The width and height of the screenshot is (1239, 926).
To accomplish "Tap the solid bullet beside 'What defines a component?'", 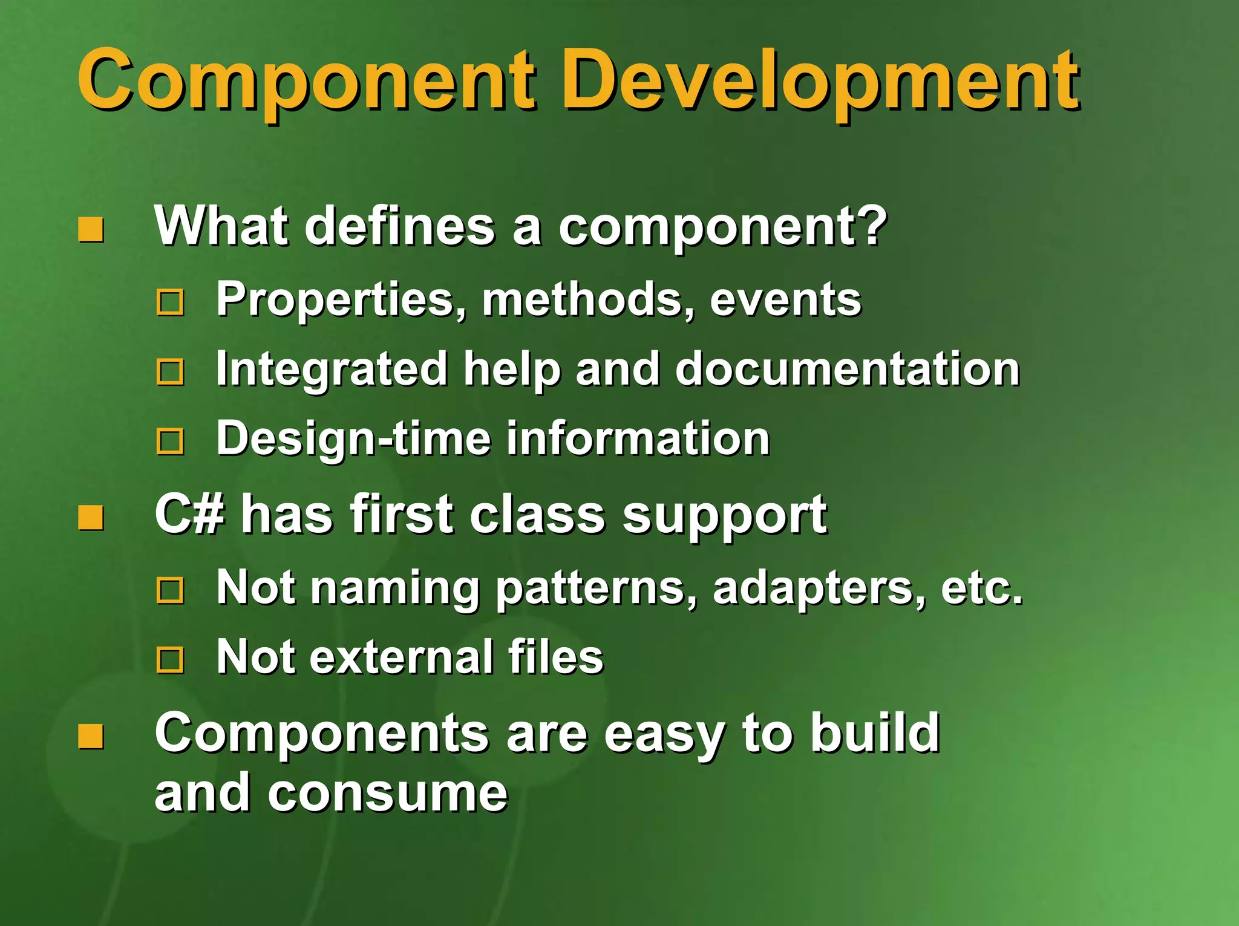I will pos(91,230).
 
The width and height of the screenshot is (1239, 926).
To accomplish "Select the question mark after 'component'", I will pos(872,225).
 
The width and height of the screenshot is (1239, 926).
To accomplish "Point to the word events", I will pos(785,299).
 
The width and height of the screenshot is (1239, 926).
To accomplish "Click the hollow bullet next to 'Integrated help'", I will pos(170,371).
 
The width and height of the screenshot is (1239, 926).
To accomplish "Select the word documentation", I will pos(847,369).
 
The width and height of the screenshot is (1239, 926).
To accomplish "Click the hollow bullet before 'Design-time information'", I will pos(170,441).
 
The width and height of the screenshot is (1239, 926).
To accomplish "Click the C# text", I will pos(189,514).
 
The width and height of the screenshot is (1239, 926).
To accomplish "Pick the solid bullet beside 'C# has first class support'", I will pos(91,518).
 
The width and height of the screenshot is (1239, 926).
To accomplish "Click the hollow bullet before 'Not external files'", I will pos(170,660).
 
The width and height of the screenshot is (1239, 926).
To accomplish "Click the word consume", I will pos(388,793).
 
